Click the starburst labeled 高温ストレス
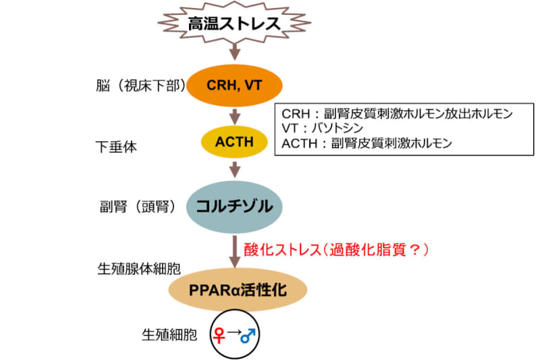point(234,24)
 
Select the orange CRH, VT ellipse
point(234,86)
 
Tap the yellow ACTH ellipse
point(234,142)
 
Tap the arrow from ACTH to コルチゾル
point(234,168)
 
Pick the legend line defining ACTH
point(364,143)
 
